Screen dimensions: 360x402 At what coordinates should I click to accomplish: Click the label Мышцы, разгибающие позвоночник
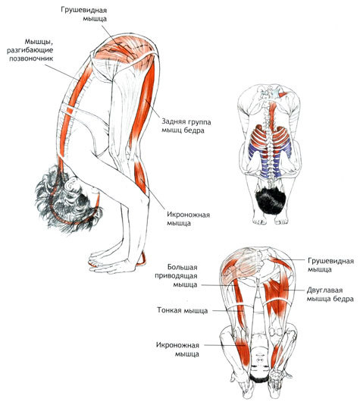pyautogui.click(x=31, y=50)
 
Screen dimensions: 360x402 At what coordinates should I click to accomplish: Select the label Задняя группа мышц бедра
pyautogui.click(x=186, y=126)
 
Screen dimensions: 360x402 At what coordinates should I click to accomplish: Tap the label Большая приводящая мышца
pyautogui.click(x=176, y=276)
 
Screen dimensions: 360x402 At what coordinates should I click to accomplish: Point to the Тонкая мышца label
pyautogui.click(x=182, y=311)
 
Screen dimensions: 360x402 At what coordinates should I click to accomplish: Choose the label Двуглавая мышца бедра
pyautogui.click(x=330, y=294)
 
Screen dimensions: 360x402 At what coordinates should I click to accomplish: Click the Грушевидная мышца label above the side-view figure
pyautogui.click(x=84, y=14)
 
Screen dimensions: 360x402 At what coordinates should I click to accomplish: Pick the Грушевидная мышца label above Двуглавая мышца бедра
pyautogui.click(x=330, y=265)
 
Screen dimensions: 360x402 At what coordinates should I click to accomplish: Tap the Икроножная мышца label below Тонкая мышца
pyautogui.click(x=177, y=350)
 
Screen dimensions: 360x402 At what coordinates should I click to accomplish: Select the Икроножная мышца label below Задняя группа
pyautogui.click(x=188, y=218)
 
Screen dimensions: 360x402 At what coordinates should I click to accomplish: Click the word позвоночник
pyautogui.click(x=31, y=58)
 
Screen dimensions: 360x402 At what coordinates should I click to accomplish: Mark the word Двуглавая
pyautogui.click(x=324, y=291)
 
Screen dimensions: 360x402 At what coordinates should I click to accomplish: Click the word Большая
pyautogui.click(x=183, y=268)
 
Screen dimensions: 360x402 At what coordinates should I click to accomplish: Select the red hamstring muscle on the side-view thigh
pyautogui.click(x=143, y=102)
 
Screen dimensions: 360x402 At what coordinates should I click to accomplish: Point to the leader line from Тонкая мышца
pyautogui.click(x=228, y=311)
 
